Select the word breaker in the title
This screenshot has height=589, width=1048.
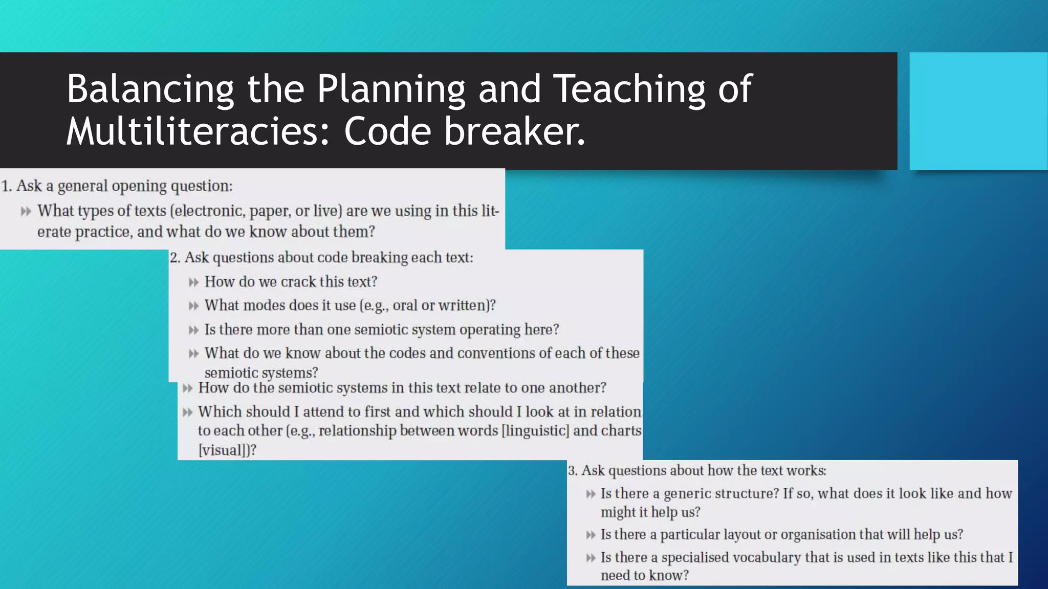(x=514, y=131)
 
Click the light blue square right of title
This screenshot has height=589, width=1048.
(x=978, y=110)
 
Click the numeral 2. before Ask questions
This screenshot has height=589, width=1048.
(x=175, y=258)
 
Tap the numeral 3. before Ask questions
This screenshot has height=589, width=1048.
(x=573, y=471)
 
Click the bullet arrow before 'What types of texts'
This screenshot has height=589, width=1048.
(x=26, y=211)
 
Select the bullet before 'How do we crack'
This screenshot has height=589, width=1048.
(x=193, y=282)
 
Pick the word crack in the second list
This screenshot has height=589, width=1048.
(x=298, y=282)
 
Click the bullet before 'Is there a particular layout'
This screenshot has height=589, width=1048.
(x=591, y=535)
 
